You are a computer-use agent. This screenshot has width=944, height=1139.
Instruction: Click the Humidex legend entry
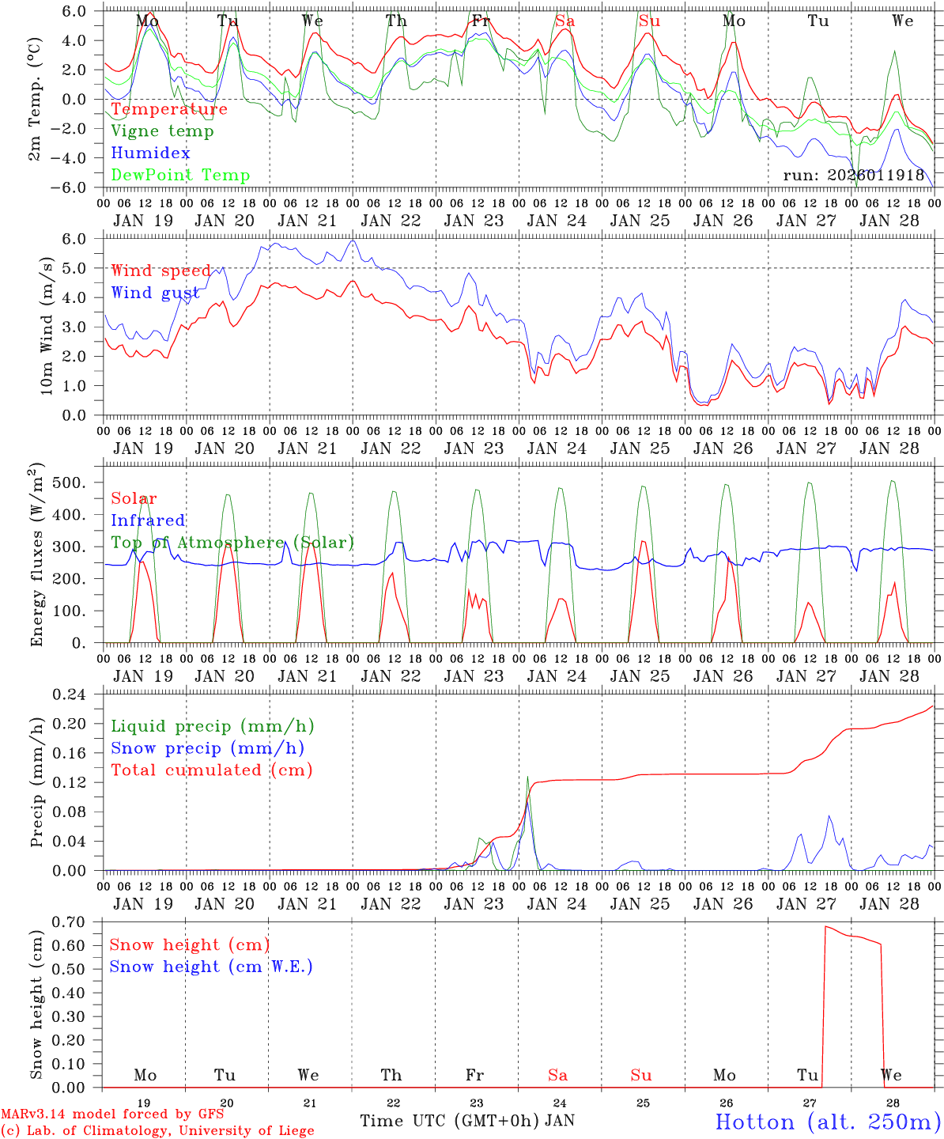pyautogui.click(x=151, y=153)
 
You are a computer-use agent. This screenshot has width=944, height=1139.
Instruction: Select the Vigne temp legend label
pyautogui.click(x=162, y=131)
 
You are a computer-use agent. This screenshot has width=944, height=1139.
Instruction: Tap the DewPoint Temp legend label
pyautogui.click(x=180, y=176)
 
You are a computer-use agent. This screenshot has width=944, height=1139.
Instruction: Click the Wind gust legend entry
pyautogui.click(x=155, y=293)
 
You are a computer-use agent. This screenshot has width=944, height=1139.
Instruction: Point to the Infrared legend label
pyautogui.click(x=148, y=520)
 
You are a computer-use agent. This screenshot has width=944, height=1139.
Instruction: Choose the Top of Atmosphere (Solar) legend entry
pyautogui.click(x=232, y=543)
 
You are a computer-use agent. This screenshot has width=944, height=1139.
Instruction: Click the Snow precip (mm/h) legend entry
pyautogui.click(x=208, y=748)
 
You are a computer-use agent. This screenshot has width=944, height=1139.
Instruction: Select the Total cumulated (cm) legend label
pyautogui.click(x=212, y=770)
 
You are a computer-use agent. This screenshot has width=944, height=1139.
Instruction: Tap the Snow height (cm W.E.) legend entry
pyautogui.click(x=211, y=967)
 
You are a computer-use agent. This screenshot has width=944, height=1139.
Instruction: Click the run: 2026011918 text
pyautogui.click(x=854, y=176)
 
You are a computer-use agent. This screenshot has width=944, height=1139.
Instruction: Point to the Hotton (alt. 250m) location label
pyautogui.click(x=828, y=1122)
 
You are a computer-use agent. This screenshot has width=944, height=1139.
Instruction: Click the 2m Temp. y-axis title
pyautogui.click(x=35, y=99)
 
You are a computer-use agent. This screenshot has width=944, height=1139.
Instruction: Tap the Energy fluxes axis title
pyautogui.click(x=36, y=557)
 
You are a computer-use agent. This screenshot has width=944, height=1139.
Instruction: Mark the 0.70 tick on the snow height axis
pyautogui.click(x=77, y=921)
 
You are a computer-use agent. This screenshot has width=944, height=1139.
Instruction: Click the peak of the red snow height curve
pyautogui.click(x=826, y=926)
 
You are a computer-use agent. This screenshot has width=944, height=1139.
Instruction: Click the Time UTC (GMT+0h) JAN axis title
pyautogui.click(x=466, y=1121)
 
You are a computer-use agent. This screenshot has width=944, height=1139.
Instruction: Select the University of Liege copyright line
pyautogui.click(x=157, y=1130)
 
